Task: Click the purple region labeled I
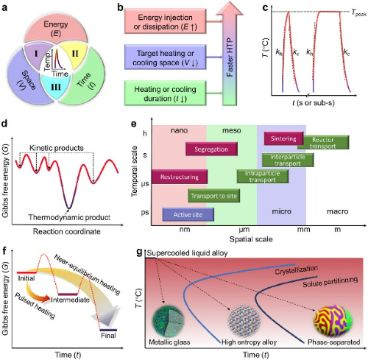click(x=35, y=55)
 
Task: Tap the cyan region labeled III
click(x=56, y=87)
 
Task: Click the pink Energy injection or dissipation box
click(x=165, y=21)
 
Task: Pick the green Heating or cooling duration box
click(x=165, y=93)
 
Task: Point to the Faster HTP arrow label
click(x=230, y=57)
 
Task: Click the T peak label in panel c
click(x=359, y=13)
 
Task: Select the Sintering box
click(x=283, y=138)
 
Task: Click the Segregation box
click(x=211, y=149)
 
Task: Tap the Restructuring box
click(x=180, y=177)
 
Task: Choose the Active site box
click(x=188, y=215)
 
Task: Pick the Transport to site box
click(x=214, y=196)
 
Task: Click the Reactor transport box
click(x=323, y=143)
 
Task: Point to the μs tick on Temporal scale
click(x=145, y=183)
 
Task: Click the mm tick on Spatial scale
click(x=304, y=230)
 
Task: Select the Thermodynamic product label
click(x=69, y=217)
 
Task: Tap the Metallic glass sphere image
click(x=168, y=320)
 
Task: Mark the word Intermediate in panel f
click(x=70, y=300)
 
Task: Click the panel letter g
click(x=139, y=252)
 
